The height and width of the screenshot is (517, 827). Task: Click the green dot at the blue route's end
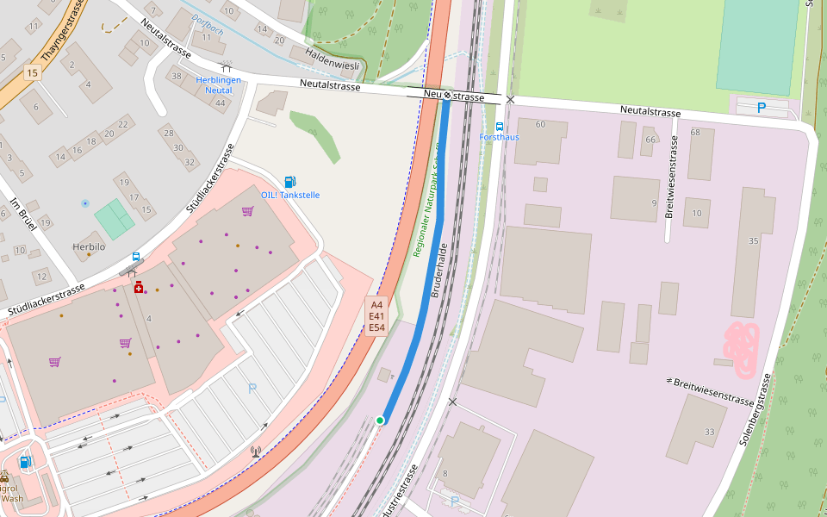tap(380, 420)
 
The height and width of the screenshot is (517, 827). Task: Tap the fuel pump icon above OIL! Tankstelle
tap(290, 182)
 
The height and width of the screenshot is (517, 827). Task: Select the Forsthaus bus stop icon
tap(500, 126)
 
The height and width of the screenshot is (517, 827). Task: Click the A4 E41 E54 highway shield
tap(376, 316)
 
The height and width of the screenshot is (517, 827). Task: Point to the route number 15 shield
tap(33, 72)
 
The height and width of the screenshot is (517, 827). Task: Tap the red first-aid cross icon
tap(139, 286)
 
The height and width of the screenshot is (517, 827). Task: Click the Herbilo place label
tap(89, 246)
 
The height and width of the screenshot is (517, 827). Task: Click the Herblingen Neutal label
tap(218, 84)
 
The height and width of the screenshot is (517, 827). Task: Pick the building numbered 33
tap(709, 432)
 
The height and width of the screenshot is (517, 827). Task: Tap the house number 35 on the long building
tap(754, 241)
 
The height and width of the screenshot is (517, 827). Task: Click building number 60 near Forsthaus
tap(540, 125)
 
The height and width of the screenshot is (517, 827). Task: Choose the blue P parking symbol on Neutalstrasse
tap(761, 108)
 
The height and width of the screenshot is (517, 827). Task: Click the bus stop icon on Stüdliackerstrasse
tap(136, 257)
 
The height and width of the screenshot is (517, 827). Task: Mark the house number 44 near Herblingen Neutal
tap(221, 103)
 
